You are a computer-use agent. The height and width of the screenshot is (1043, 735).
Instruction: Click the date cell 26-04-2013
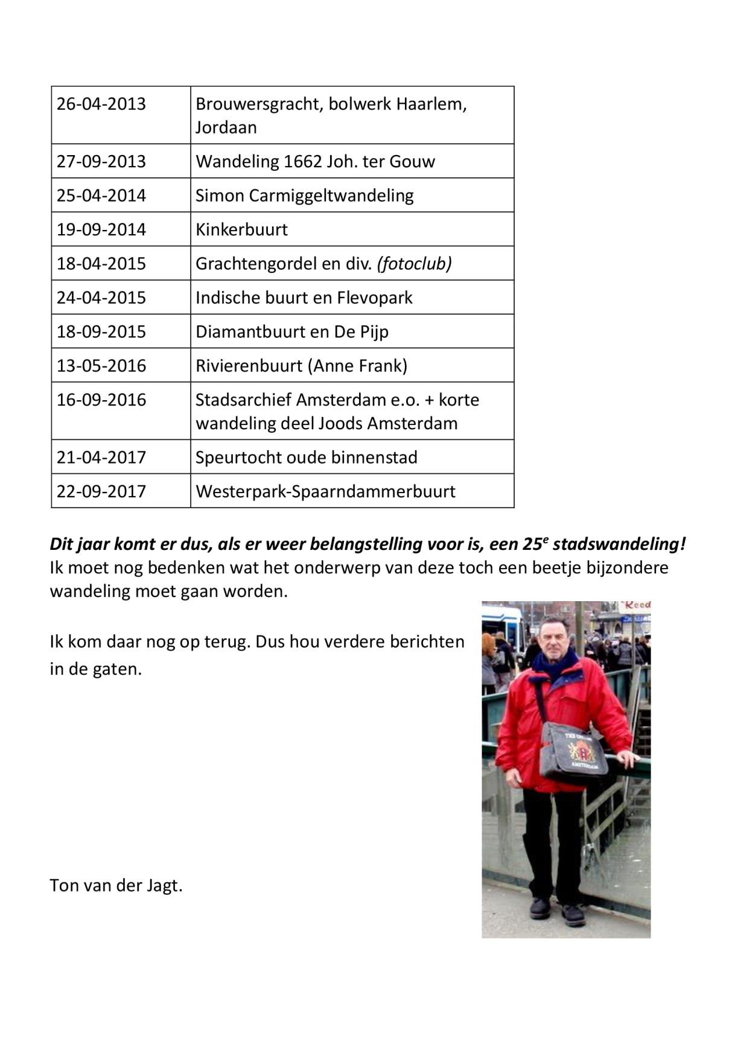click(x=101, y=104)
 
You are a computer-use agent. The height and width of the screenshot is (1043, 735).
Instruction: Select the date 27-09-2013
click(x=101, y=161)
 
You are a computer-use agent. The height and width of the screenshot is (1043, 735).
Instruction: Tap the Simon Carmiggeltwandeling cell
click(x=305, y=196)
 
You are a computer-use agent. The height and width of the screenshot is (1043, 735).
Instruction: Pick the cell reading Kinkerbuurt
click(x=242, y=229)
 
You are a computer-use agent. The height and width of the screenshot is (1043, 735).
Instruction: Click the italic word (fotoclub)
click(x=414, y=263)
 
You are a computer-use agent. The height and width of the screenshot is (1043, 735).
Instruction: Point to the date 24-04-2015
click(x=101, y=298)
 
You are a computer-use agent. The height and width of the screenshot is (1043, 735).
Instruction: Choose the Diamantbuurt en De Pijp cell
click(x=292, y=331)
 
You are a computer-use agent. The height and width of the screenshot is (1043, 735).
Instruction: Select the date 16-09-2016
click(x=101, y=400)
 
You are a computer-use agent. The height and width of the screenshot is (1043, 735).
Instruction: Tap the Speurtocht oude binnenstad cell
click(x=307, y=457)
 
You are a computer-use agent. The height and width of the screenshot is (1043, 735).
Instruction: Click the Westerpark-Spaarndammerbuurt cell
click(x=326, y=491)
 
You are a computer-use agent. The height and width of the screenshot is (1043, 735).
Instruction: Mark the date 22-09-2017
click(x=101, y=491)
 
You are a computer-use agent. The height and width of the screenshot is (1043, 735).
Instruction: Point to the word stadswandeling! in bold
click(x=619, y=544)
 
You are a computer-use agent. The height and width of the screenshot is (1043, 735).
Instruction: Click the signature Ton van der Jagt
click(x=116, y=885)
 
